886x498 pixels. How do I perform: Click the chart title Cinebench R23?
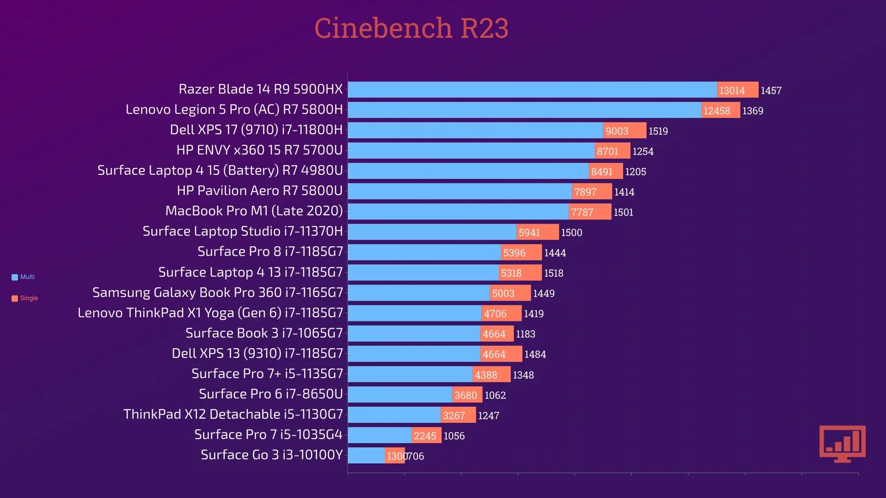(x=411, y=28)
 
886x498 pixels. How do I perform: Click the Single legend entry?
(x=25, y=298)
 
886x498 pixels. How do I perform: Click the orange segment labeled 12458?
(x=720, y=110)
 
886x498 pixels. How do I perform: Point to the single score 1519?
(x=658, y=131)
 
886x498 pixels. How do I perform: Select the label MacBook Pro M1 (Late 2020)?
(x=254, y=211)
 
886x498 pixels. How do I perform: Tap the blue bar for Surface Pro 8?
(x=424, y=252)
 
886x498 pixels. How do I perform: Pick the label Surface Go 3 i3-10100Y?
(x=271, y=455)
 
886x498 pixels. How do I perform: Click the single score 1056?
(x=454, y=436)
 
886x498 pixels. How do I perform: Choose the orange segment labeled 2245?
(x=426, y=435)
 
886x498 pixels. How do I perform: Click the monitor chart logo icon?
(x=842, y=444)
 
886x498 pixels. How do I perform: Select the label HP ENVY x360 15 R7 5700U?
(x=259, y=150)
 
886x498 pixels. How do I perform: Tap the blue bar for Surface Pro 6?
(x=400, y=395)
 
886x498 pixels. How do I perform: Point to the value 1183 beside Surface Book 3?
(x=525, y=334)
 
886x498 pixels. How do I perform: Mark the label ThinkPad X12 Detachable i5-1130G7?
(x=233, y=414)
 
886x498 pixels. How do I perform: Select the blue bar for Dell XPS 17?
(x=475, y=130)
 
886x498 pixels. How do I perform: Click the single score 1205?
(x=635, y=172)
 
